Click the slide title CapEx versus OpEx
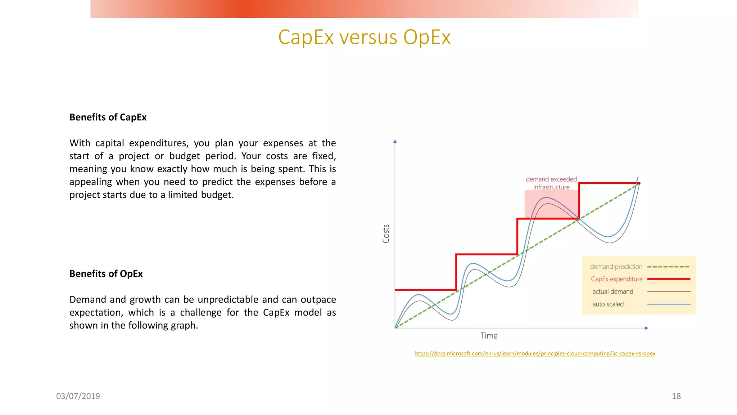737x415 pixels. [x=364, y=37]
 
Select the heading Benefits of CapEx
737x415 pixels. [x=108, y=117]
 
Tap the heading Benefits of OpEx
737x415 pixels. [x=106, y=274]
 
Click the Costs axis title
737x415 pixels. [x=386, y=234]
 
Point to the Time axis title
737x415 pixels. [x=489, y=336]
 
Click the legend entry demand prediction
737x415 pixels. [x=616, y=267]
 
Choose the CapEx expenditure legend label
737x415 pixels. [x=616, y=279]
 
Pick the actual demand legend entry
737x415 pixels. [x=612, y=291]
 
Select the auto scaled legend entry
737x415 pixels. [x=608, y=304]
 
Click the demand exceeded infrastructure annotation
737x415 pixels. [x=551, y=183]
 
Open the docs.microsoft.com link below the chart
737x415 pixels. [x=535, y=353]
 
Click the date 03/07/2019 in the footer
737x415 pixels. [x=78, y=396]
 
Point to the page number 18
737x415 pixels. [x=676, y=396]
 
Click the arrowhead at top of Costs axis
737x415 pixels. [x=395, y=142]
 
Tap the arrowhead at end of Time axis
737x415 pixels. [x=646, y=328]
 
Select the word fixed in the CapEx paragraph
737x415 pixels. [x=324, y=156]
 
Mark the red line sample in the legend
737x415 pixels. [x=669, y=279]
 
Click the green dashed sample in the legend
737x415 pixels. [x=669, y=267]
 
